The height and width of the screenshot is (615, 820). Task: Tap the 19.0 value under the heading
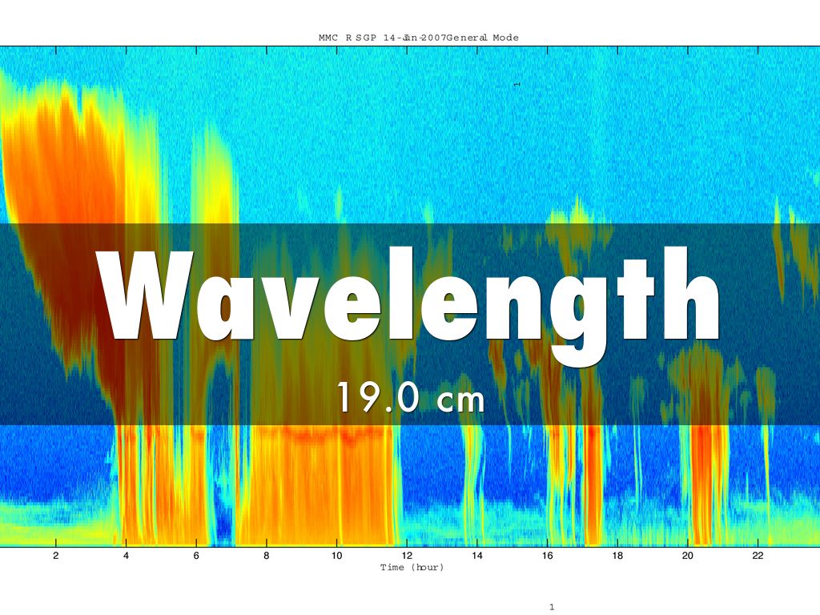point(376,398)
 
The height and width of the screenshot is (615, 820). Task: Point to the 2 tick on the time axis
point(55,556)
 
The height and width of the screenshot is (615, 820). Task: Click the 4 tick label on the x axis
point(126,556)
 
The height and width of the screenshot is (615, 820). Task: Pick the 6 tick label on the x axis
point(196,556)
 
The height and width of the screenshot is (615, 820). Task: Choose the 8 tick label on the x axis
point(266,556)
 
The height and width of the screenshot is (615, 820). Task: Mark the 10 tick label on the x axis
point(336,556)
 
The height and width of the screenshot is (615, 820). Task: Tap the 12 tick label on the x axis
point(407,556)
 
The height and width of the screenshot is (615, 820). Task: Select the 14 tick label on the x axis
point(476,556)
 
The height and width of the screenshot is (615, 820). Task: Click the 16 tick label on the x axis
point(547,556)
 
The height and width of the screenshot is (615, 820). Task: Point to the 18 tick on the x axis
point(617,556)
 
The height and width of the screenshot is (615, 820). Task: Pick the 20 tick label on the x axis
point(688,556)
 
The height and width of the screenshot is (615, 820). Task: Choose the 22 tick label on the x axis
point(758,556)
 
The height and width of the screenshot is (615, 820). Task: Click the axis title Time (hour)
point(412,567)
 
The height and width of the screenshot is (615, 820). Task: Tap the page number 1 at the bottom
point(552,608)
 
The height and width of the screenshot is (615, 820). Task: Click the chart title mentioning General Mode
point(418,38)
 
